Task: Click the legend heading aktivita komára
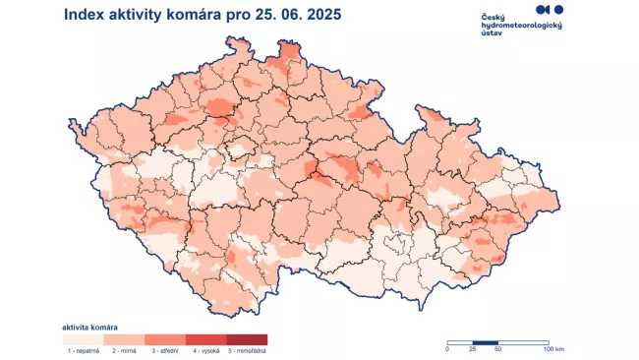[91, 326]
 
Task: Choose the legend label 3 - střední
[165, 349]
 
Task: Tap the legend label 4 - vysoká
[205, 349]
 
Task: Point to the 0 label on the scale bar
[447, 349]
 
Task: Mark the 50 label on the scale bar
[498, 349]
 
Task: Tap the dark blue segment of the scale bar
[486, 341]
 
